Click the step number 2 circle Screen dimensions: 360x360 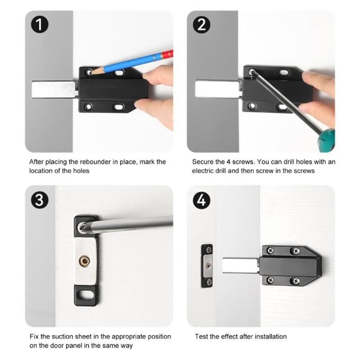click(x=202, y=25)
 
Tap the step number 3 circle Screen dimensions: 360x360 click(x=40, y=200)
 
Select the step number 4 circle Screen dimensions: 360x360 click(x=202, y=200)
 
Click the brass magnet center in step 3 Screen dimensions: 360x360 click(x=84, y=260)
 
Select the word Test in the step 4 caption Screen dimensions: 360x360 click(x=202, y=337)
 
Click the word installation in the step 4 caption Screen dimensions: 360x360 click(x=269, y=337)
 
